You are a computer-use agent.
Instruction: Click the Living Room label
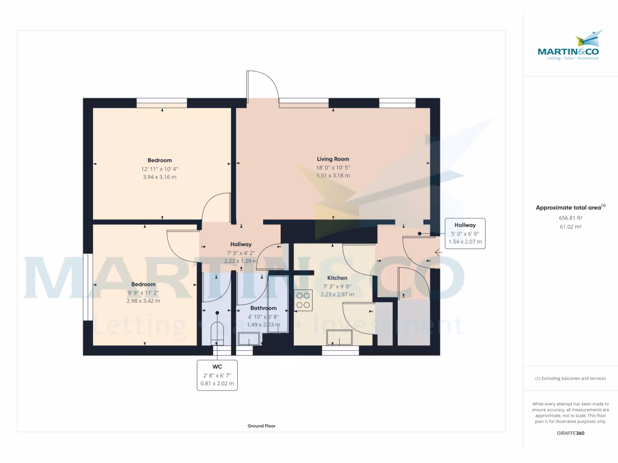(333, 159)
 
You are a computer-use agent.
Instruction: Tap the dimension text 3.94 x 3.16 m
(160, 177)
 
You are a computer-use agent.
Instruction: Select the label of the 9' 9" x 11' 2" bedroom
(144, 284)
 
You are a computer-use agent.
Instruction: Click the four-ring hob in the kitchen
(303, 300)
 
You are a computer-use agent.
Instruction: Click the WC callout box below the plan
(217, 374)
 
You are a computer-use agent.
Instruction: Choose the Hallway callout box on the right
(465, 233)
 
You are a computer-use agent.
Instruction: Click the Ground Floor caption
(261, 426)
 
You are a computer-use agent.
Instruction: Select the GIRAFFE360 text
(570, 433)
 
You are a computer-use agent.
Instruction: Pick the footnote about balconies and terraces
(570, 379)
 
